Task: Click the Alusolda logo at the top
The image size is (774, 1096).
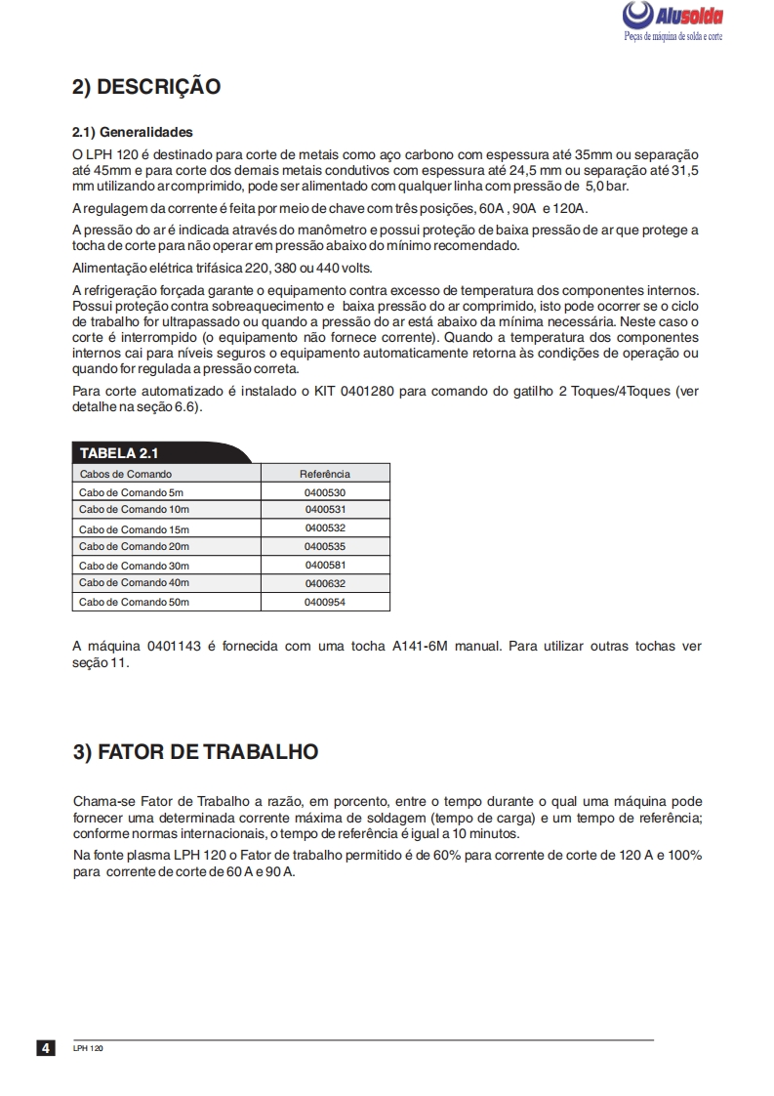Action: [672, 17]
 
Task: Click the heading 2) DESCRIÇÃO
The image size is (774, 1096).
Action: [146, 87]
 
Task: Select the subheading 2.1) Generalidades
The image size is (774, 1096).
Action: [133, 132]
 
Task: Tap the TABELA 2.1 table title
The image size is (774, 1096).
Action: [118, 453]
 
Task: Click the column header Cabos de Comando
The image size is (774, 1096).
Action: [125, 474]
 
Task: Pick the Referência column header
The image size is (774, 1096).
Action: [325, 474]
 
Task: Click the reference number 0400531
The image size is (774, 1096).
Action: [325, 510]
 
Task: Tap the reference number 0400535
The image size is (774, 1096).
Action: [325, 546]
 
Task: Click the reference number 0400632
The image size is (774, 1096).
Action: [325, 583]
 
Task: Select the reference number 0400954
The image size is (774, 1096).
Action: [325, 602]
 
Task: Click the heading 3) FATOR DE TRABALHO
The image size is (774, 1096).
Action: [195, 752]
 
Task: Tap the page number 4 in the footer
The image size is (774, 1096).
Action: [45, 1049]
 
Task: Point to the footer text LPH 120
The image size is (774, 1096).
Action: [88, 1049]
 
